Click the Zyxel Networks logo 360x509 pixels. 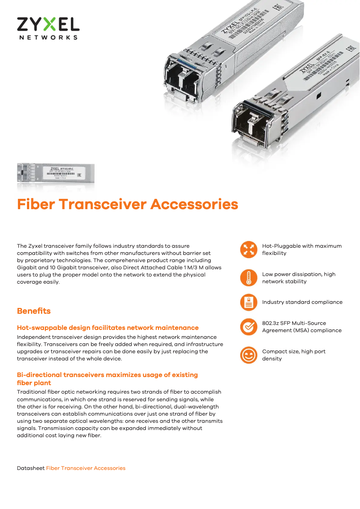(x=48, y=28)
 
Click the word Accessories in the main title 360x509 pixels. (x=194, y=204)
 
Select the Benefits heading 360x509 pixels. (x=34, y=311)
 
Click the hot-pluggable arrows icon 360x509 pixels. (x=249, y=250)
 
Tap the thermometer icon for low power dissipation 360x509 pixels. (x=249, y=278)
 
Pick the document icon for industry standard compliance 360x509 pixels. (x=249, y=302)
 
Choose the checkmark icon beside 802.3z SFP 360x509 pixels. (x=249, y=327)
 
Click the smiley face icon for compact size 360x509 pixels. (x=249, y=355)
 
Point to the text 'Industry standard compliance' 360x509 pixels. (x=302, y=302)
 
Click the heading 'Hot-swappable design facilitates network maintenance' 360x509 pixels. (x=108, y=328)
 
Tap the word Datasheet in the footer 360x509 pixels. (x=31, y=468)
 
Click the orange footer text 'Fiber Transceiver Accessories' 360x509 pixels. (x=86, y=468)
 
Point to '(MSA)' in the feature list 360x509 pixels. (x=303, y=330)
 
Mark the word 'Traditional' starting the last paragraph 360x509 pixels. (x=31, y=392)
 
